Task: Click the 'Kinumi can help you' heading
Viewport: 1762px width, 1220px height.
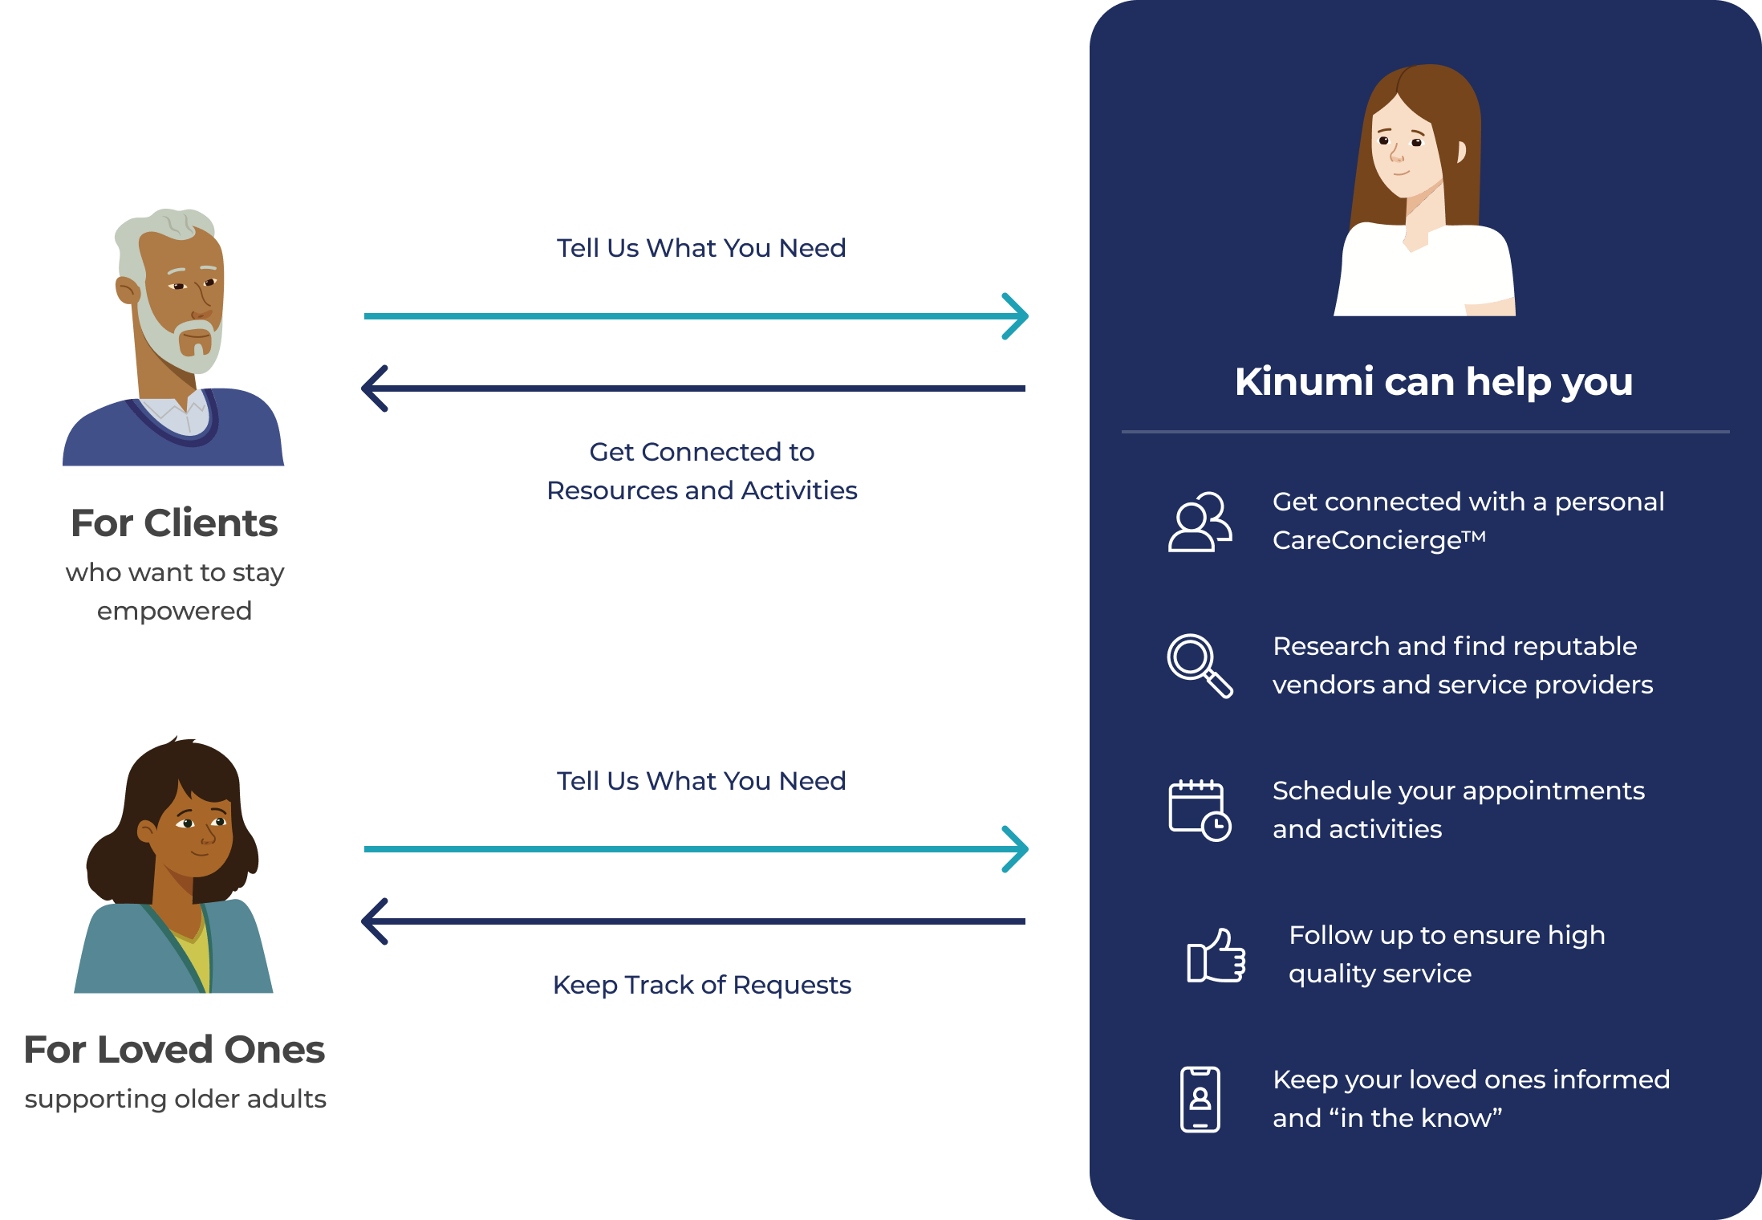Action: (x=1433, y=381)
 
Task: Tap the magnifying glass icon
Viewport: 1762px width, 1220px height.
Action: (x=1199, y=665)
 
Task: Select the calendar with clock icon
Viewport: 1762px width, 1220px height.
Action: (x=1199, y=810)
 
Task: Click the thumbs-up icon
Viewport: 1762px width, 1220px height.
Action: (x=1216, y=956)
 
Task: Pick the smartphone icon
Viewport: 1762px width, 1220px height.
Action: (x=1200, y=1099)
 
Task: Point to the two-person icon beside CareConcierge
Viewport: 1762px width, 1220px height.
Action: (x=1199, y=522)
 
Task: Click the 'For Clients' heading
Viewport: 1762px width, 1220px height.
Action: (x=174, y=523)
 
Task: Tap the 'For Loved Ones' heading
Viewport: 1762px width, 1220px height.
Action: (x=174, y=1049)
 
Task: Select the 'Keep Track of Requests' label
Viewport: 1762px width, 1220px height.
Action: (x=701, y=985)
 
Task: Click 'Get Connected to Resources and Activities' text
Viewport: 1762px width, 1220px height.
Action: (x=701, y=471)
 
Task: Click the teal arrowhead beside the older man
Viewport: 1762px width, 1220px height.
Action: (x=1017, y=316)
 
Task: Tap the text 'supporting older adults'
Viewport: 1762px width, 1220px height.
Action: (x=175, y=1099)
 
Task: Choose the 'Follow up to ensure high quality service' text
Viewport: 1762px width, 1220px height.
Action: (x=1446, y=954)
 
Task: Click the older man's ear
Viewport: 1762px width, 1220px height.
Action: (x=127, y=290)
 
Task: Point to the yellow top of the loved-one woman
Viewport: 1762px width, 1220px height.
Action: (x=197, y=955)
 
